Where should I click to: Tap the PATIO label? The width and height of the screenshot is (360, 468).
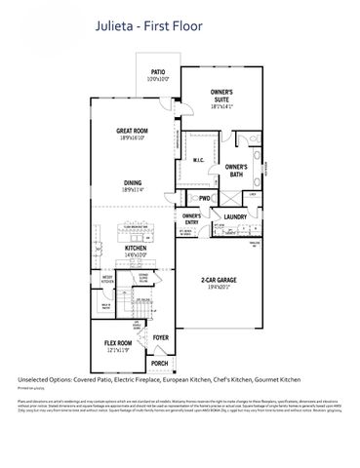click(160, 71)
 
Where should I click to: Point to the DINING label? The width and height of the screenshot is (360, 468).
click(132, 181)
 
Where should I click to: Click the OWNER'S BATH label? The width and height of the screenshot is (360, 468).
click(236, 170)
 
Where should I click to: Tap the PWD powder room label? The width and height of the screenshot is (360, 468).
click(205, 198)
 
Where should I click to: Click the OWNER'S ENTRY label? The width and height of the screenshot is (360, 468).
click(192, 216)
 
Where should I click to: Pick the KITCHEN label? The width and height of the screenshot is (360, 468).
click(135, 248)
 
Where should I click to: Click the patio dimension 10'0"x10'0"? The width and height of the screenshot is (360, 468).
click(160, 79)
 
